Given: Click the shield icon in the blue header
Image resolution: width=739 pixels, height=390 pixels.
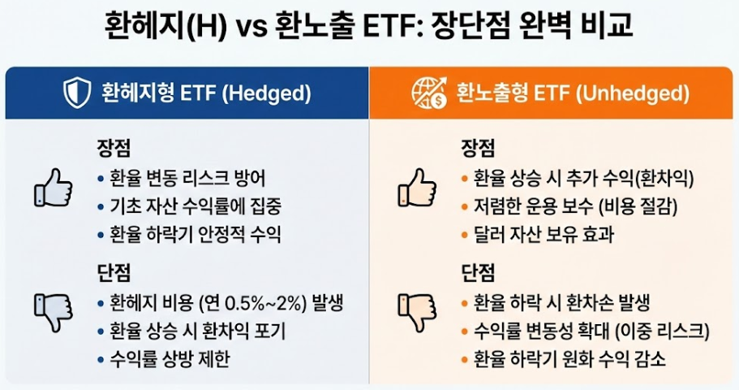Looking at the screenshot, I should [77, 93].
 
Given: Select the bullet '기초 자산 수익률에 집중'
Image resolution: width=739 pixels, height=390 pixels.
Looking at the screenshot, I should [194, 206].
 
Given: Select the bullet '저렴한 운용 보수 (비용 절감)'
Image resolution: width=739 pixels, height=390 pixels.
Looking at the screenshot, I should [571, 206].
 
